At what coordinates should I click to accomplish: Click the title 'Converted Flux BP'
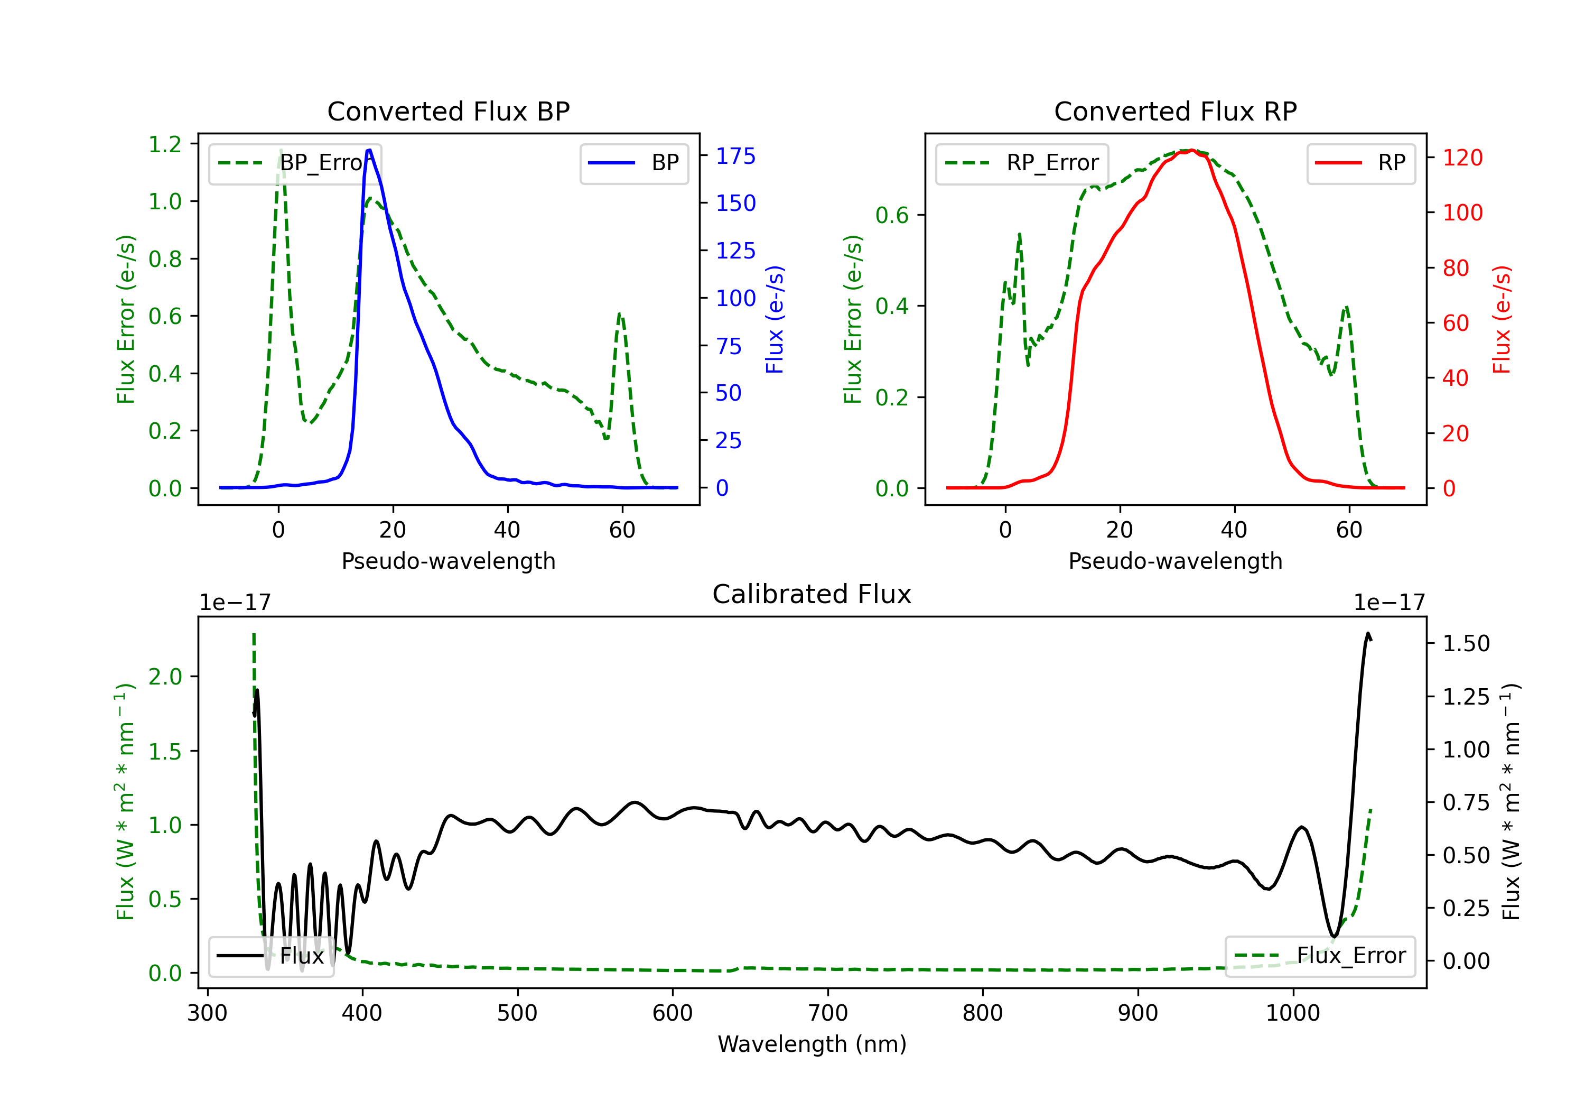(448, 111)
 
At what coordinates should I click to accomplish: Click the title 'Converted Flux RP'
(1175, 111)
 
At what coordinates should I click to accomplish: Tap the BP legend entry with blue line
(633, 163)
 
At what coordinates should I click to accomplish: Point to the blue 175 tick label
(735, 156)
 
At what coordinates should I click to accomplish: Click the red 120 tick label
(1463, 158)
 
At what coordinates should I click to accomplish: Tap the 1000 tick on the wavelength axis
(1292, 1013)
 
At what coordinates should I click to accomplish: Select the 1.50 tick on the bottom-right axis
(1466, 643)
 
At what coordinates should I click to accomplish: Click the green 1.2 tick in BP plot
(165, 144)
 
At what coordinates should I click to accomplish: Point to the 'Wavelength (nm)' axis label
(812, 1044)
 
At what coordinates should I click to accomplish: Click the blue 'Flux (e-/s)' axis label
(775, 319)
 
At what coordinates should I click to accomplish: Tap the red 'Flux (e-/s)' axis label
(1502, 319)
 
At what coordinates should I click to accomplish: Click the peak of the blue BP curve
(369, 150)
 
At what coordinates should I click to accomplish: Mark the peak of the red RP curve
(1191, 150)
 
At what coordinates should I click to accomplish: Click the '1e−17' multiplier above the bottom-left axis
(235, 603)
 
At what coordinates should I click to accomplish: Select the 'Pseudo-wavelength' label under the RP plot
(1175, 561)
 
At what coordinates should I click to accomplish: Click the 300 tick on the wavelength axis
(207, 1013)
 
